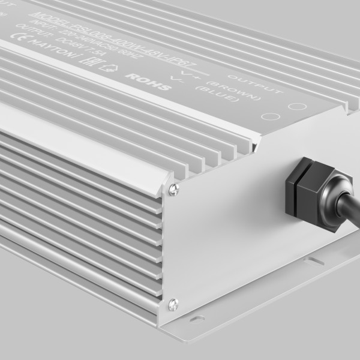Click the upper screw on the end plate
[173, 190]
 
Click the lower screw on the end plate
[173, 303]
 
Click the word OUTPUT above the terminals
[264, 85]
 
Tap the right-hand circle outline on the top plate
[296, 109]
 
